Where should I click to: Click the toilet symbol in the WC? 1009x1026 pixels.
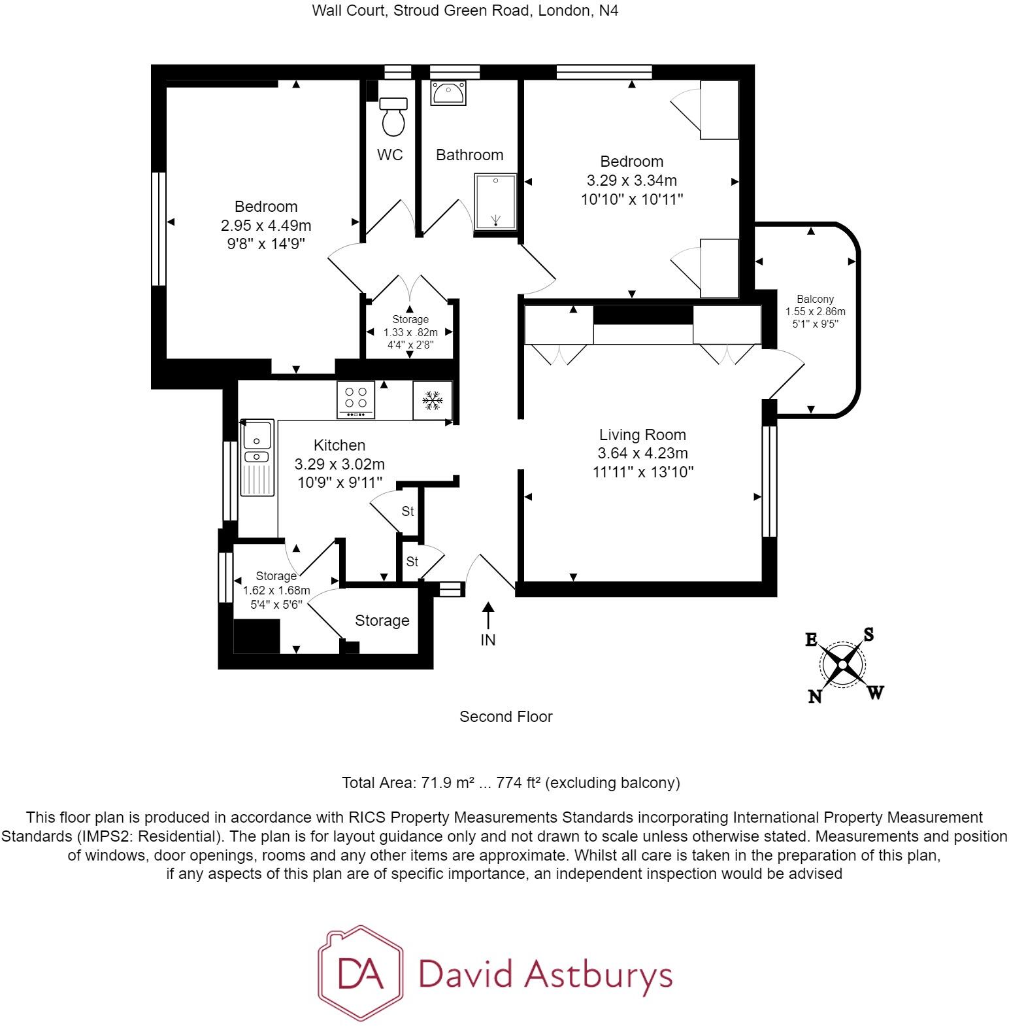click(x=393, y=117)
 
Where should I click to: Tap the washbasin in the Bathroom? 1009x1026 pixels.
click(x=448, y=93)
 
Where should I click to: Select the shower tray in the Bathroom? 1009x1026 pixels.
click(x=495, y=201)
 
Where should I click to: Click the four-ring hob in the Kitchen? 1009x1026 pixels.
click(x=356, y=399)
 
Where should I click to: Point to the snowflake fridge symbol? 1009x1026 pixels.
click(x=432, y=400)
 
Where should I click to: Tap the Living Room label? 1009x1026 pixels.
click(x=642, y=435)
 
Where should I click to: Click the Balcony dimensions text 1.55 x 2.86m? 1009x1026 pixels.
click(x=815, y=311)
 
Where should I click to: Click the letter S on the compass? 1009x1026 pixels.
click(x=868, y=634)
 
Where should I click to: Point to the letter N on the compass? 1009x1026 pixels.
click(x=814, y=696)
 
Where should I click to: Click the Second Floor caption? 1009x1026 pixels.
click(x=506, y=717)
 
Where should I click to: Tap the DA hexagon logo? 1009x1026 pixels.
click(x=360, y=973)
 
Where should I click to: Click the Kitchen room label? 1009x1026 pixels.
click(x=339, y=445)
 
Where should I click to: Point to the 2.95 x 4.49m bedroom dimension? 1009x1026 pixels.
click(x=266, y=226)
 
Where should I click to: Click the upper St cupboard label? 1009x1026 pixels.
click(x=408, y=511)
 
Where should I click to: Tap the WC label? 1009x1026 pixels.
click(x=390, y=155)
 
